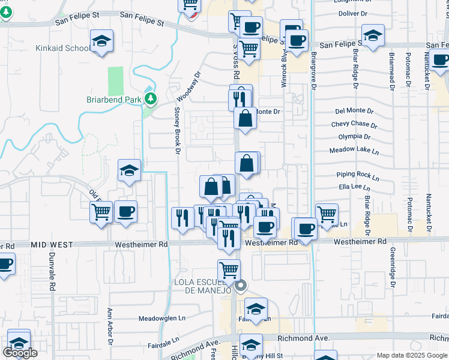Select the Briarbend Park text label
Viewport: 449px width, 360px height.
pyautogui.click(x=112, y=100)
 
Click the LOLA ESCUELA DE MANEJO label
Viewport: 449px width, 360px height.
pyautogui.click(x=203, y=286)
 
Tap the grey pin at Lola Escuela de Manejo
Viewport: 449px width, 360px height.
pyautogui.click(x=240, y=286)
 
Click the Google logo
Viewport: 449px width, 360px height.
pyautogui.click(x=20, y=353)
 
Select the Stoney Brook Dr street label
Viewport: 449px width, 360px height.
pyautogui.click(x=178, y=130)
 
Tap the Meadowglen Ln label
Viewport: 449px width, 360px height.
pyautogui.click(x=162, y=319)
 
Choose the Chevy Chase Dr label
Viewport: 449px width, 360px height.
pyautogui.click(x=354, y=125)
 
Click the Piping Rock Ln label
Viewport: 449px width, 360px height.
pyautogui.click(x=358, y=177)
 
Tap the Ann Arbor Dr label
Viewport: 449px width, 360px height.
pyautogui.click(x=110, y=328)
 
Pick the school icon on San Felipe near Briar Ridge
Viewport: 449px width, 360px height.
pyautogui.click(x=373, y=35)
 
